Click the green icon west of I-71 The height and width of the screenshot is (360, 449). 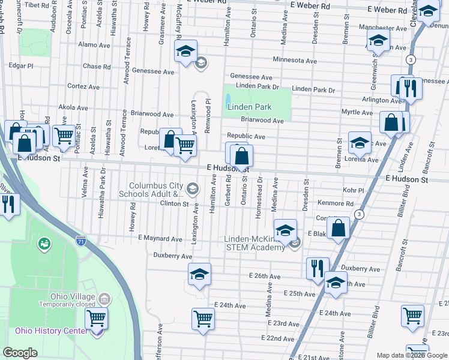click(x=44, y=244)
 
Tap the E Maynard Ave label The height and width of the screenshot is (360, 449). click(x=160, y=239)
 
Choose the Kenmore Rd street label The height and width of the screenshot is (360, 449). click(x=336, y=203)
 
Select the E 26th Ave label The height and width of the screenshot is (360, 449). click(x=264, y=276)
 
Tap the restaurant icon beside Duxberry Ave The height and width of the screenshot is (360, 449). click(x=318, y=268)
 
